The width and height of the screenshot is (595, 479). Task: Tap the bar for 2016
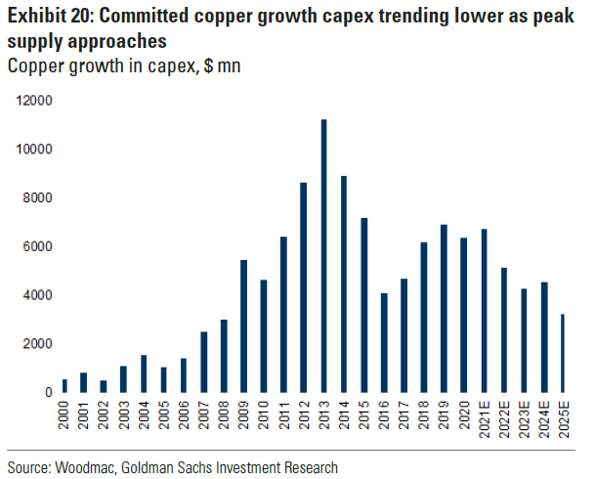point(384,342)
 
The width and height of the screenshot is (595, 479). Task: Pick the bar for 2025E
point(564,353)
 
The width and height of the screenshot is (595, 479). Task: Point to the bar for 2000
point(64,385)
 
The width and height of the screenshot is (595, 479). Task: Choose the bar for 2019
point(444,308)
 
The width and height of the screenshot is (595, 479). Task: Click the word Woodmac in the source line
point(90,468)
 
